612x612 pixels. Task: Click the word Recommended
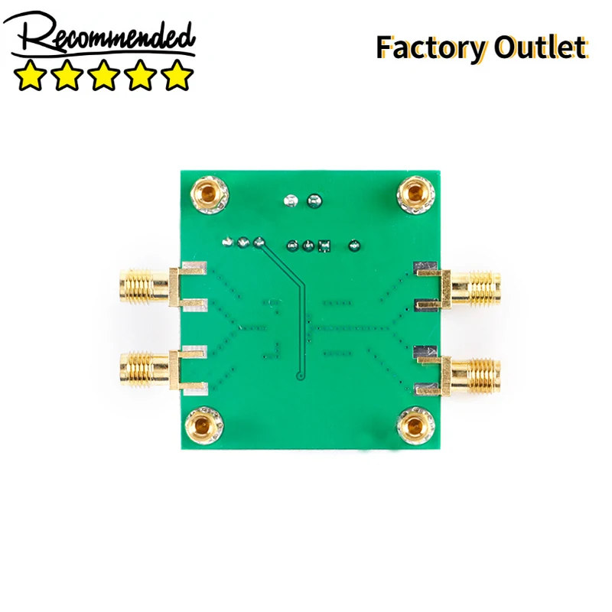pyautogui.click(x=99, y=36)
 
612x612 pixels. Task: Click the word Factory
pyautogui.click(x=431, y=47)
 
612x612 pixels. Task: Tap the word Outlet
pyautogui.click(x=540, y=47)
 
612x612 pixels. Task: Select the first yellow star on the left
pyautogui.click(x=30, y=75)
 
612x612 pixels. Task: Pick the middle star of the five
pyautogui.click(x=103, y=75)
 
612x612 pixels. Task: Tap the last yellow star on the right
pyautogui.click(x=177, y=75)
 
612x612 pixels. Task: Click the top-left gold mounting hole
pyautogui.click(x=210, y=194)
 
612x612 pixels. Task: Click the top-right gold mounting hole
pyautogui.click(x=415, y=194)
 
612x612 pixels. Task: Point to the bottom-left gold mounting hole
pyautogui.click(x=204, y=425)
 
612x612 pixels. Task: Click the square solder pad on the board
pyautogui.click(x=324, y=246)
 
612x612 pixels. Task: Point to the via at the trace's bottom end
pyautogui.click(x=300, y=376)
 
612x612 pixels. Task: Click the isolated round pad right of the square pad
pyautogui.click(x=354, y=246)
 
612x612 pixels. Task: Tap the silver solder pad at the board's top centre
pyautogui.click(x=291, y=201)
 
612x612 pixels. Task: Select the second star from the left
pyautogui.click(x=67, y=75)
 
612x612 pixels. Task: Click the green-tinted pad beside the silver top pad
pyautogui.click(x=314, y=201)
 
